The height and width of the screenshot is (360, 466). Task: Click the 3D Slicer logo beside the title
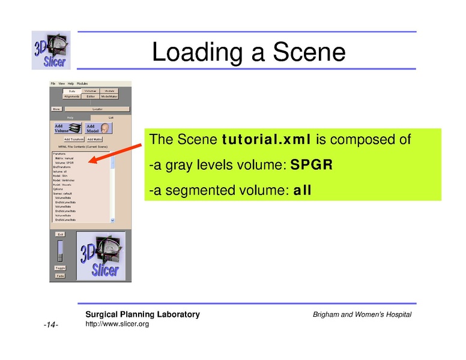tap(51, 50)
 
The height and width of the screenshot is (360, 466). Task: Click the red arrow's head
tap(91, 161)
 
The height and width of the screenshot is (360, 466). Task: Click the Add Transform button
tap(73, 139)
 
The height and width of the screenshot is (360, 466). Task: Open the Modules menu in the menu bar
tap(82, 83)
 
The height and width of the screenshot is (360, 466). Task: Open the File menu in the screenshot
tap(53, 83)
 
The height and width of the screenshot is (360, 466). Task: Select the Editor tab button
tap(91, 96)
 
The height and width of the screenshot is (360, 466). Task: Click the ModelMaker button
tap(109, 96)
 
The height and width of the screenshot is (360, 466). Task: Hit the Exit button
tap(60, 234)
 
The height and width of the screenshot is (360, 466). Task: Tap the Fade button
tap(60, 275)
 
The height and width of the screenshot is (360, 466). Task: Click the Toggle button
tap(60, 268)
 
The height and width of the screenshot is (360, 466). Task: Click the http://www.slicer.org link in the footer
tap(117, 325)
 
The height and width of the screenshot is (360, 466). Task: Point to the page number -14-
tap(50, 325)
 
